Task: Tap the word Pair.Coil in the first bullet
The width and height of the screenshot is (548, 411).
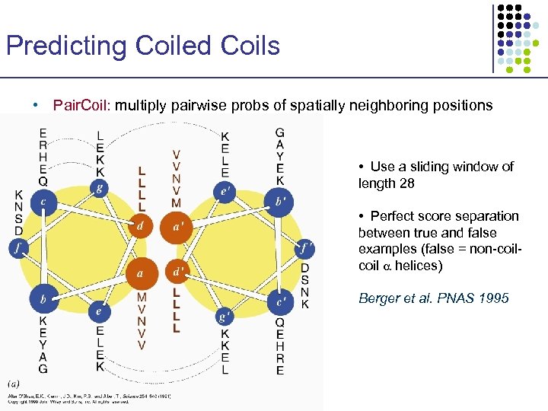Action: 81,106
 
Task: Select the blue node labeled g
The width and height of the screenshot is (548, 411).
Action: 97,188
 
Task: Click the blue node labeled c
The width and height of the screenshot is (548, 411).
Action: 44,202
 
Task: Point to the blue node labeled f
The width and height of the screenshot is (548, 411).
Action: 18,247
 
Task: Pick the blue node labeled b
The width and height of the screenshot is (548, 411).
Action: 43,300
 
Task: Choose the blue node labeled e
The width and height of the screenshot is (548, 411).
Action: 97,311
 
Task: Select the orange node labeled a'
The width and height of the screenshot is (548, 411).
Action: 177,225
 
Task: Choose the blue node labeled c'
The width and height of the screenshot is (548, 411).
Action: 280,301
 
